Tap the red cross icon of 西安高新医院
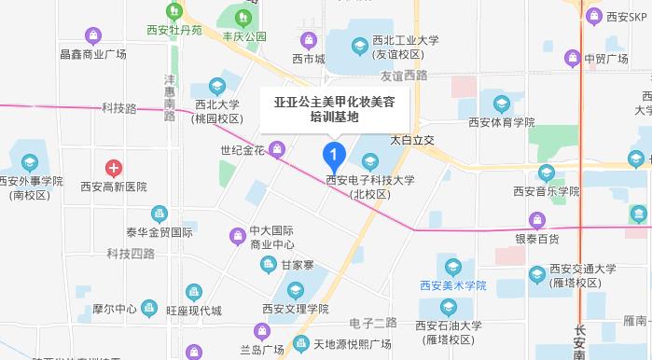coord(114,169)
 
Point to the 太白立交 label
coord(412,139)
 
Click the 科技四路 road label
coord(130,254)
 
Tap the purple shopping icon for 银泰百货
coord(535,220)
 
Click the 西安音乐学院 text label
coord(546,190)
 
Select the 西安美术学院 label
coord(451,284)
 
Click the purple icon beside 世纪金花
coord(277,149)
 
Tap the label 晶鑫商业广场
coord(92,54)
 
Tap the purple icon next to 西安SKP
coord(593,16)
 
